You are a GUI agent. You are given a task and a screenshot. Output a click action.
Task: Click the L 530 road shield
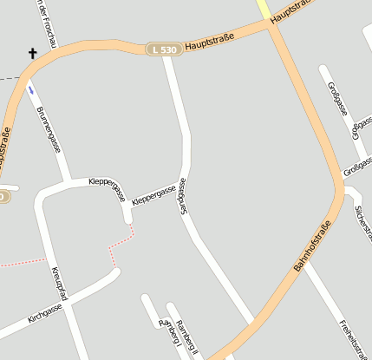click(162, 50)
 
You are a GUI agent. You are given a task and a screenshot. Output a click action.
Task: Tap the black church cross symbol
click(33, 55)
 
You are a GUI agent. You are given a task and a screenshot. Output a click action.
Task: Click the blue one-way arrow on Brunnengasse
click(31, 88)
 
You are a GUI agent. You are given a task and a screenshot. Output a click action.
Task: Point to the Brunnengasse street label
click(49, 130)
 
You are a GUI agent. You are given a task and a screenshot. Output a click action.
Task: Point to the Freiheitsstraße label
click(350, 338)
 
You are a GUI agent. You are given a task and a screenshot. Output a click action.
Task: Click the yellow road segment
click(263, 9)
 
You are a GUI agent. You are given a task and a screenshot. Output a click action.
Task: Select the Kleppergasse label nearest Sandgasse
click(153, 195)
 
